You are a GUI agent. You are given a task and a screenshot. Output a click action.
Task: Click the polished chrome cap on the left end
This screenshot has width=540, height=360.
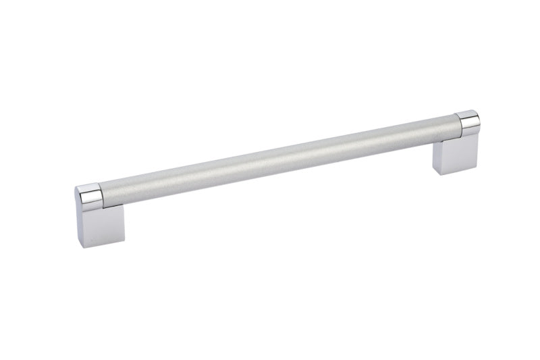coord(89,197)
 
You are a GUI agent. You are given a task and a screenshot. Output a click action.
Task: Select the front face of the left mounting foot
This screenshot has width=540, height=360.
coord(101,226)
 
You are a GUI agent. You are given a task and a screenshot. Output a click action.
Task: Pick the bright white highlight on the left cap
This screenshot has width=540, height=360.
coord(88,190)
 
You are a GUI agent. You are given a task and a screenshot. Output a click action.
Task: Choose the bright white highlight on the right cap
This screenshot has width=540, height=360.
coord(467,115)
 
